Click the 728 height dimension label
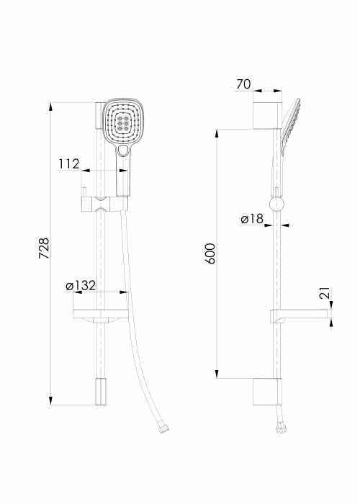click(44, 248)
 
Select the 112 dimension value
click(69, 164)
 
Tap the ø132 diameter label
click(81, 285)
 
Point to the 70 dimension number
click(243, 84)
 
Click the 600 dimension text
click(210, 253)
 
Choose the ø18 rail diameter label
click(252, 219)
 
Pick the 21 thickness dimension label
click(325, 293)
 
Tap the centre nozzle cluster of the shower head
click(123, 121)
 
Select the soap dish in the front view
click(101, 316)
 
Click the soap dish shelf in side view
click(300, 315)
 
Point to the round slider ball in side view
click(276, 204)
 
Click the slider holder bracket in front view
click(105, 204)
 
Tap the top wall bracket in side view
click(267, 115)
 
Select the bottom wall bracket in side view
click(267, 392)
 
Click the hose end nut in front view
click(164, 429)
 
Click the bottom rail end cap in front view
click(101, 392)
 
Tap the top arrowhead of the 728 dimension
click(50, 107)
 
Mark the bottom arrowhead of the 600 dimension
click(217, 374)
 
